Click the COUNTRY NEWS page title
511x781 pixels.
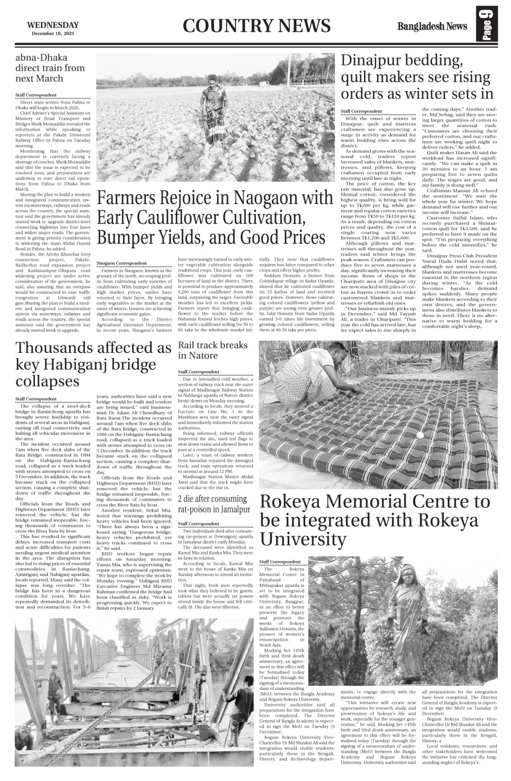click(x=257, y=26)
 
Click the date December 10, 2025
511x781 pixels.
click(x=53, y=34)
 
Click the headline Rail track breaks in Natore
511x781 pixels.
click(x=213, y=350)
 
